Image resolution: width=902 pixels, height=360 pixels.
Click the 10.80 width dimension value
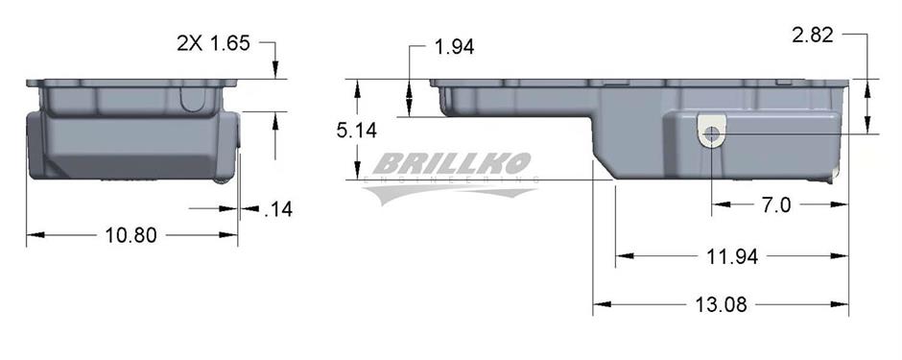pos(131,235)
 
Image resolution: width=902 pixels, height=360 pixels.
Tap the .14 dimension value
pos(278,209)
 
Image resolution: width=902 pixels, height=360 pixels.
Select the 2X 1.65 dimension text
pos(213,44)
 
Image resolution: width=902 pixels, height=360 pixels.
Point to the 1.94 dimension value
pos(455,47)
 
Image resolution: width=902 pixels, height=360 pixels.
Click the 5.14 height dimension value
pos(357,131)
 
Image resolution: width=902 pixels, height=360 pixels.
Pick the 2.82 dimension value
pos(812,36)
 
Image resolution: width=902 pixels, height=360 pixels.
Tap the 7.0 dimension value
pos(776,204)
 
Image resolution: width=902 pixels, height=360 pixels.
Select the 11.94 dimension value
pos(732,256)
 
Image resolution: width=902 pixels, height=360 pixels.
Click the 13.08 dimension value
pos(721,304)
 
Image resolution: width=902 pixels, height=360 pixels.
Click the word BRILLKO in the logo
pos(451,164)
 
